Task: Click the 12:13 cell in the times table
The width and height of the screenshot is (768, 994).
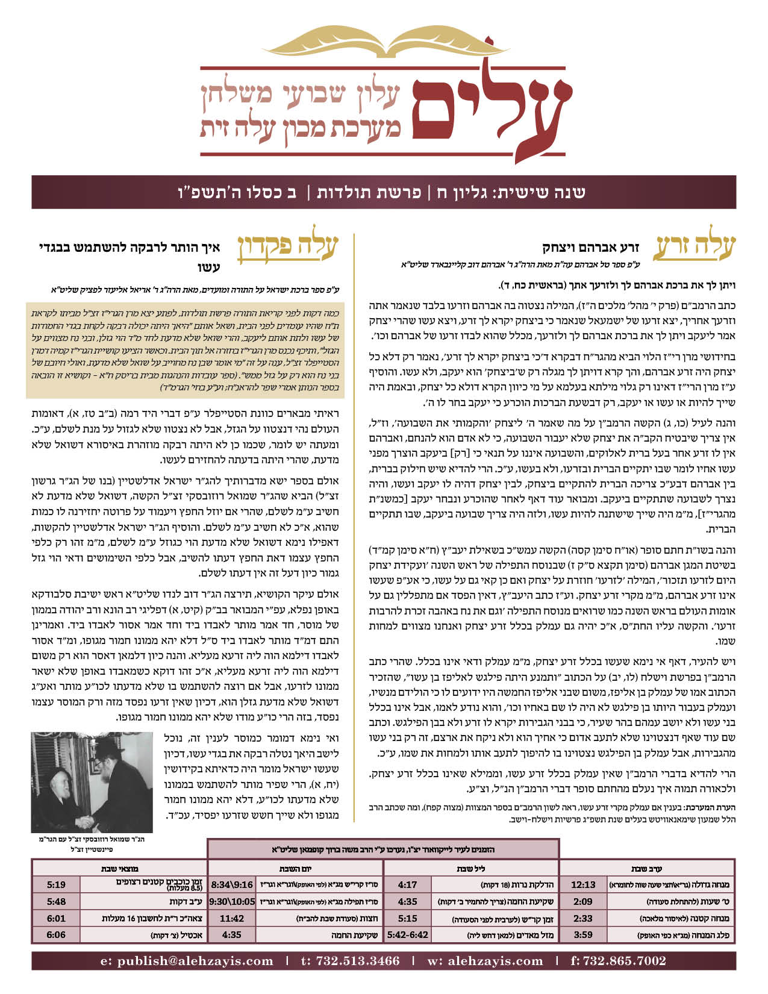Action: (x=582, y=884)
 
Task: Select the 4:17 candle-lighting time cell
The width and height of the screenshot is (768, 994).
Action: (x=408, y=884)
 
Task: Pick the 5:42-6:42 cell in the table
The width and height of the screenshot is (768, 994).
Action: (x=408, y=935)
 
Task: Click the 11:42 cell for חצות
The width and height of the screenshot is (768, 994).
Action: (x=232, y=918)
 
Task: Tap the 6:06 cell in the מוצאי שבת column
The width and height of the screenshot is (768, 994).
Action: (x=56, y=935)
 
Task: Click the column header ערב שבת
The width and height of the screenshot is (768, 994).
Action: (x=647, y=869)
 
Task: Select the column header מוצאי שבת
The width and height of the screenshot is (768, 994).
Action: (x=120, y=869)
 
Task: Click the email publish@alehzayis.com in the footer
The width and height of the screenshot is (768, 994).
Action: (x=187, y=961)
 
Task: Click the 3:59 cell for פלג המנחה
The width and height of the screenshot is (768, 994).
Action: (x=582, y=935)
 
